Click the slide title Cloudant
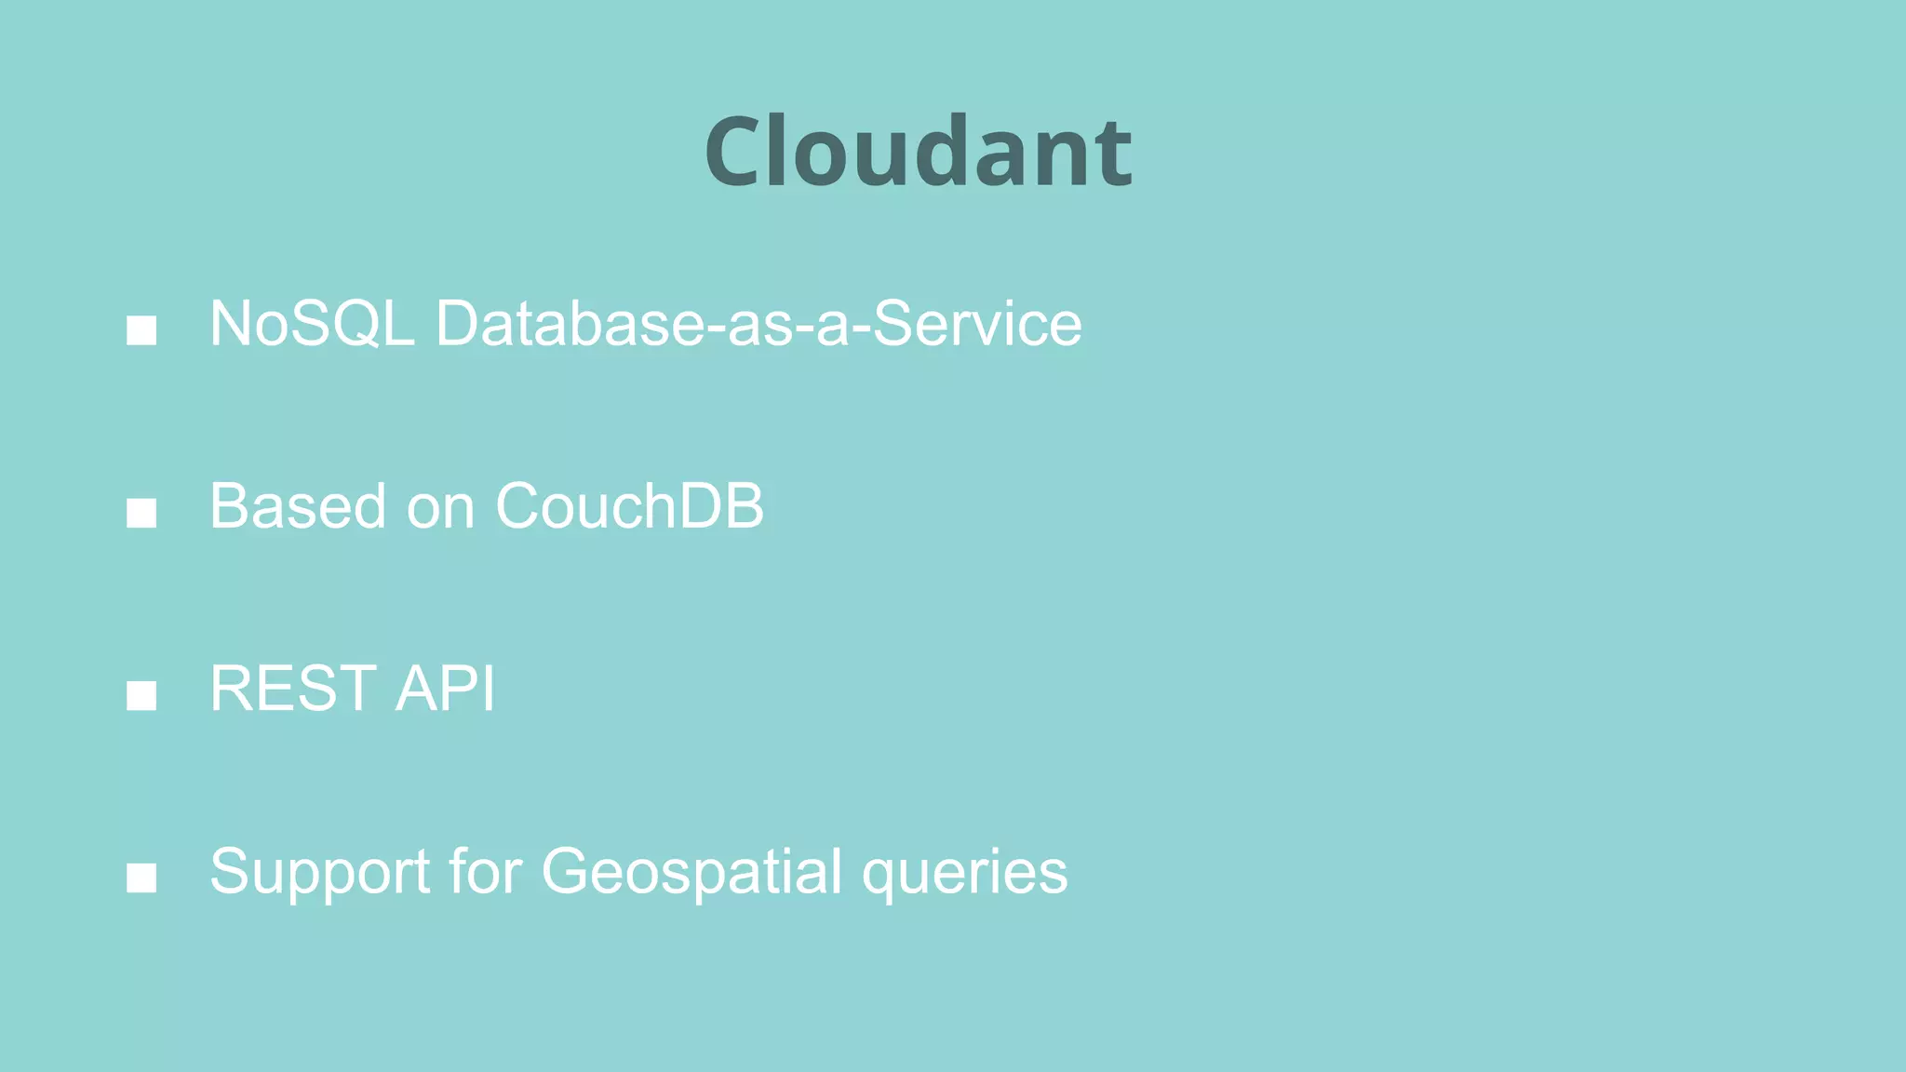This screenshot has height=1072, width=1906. point(918,152)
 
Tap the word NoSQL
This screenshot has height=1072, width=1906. point(312,324)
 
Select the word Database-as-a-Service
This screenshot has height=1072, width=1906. point(758,324)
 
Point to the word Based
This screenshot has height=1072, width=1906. point(297,506)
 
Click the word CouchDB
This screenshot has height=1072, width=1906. point(629,506)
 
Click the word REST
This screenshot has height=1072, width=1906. point(292,689)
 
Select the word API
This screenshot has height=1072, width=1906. point(445,689)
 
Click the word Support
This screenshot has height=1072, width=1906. point(319,873)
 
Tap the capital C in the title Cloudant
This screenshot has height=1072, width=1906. point(735,152)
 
